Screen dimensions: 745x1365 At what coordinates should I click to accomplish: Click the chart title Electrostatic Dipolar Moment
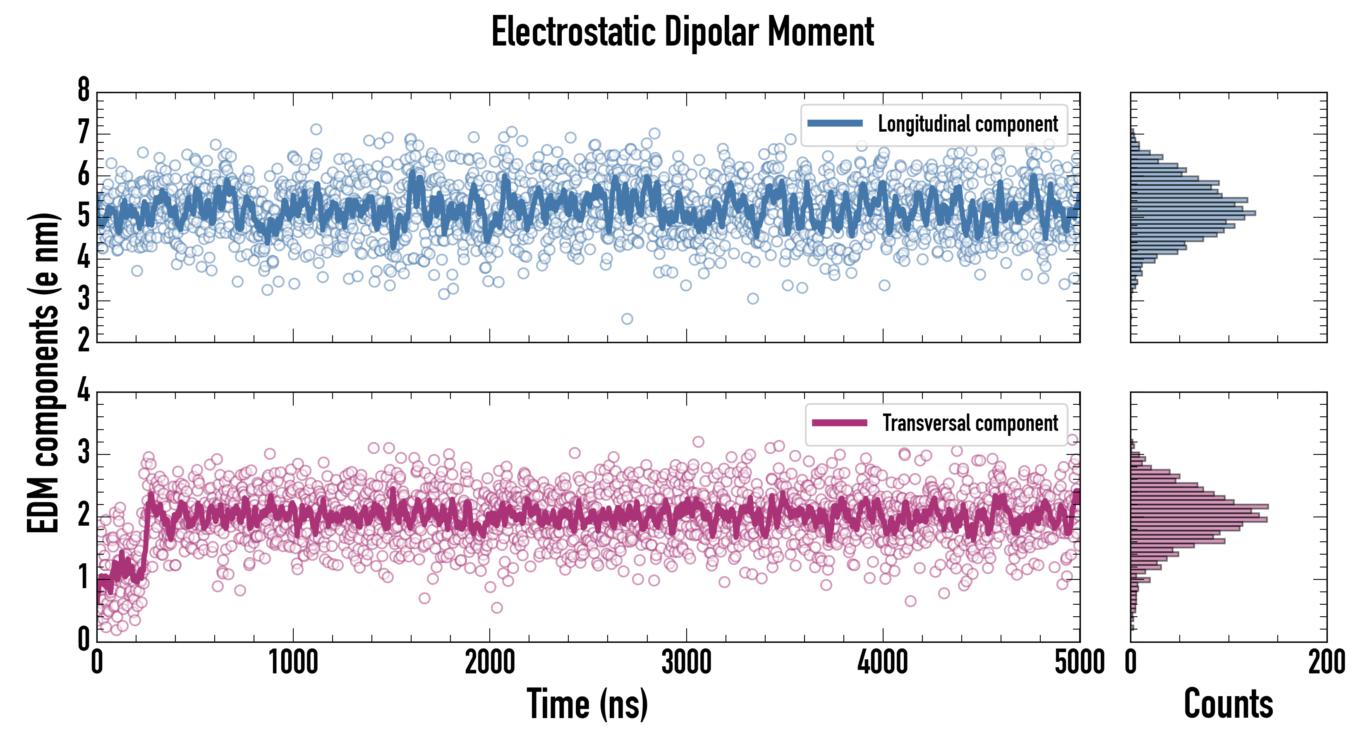tap(682, 32)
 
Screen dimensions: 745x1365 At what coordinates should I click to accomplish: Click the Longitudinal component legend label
tap(967, 124)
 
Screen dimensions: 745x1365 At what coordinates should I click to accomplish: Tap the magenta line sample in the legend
tap(839, 423)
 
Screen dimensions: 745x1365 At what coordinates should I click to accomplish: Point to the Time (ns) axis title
tap(587, 704)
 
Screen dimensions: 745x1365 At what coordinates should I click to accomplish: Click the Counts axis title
tap(1228, 704)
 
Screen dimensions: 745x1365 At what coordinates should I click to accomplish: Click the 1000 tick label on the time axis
tap(293, 662)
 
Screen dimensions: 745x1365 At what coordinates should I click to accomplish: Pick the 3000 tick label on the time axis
tap(686, 662)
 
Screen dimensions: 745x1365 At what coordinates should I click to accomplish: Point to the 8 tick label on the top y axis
tap(84, 90)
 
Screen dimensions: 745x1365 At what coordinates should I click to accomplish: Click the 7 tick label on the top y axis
tap(84, 132)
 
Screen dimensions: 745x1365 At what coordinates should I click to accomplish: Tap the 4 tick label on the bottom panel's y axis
tap(84, 391)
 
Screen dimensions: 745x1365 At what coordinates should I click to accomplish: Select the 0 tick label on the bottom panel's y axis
tap(84, 639)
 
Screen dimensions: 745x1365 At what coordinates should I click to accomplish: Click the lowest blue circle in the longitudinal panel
tap(627, 319)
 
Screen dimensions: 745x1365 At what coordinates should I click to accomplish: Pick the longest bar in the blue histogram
tap(1192, 213)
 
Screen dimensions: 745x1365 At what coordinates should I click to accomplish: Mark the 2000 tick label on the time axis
tap(490, 662)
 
